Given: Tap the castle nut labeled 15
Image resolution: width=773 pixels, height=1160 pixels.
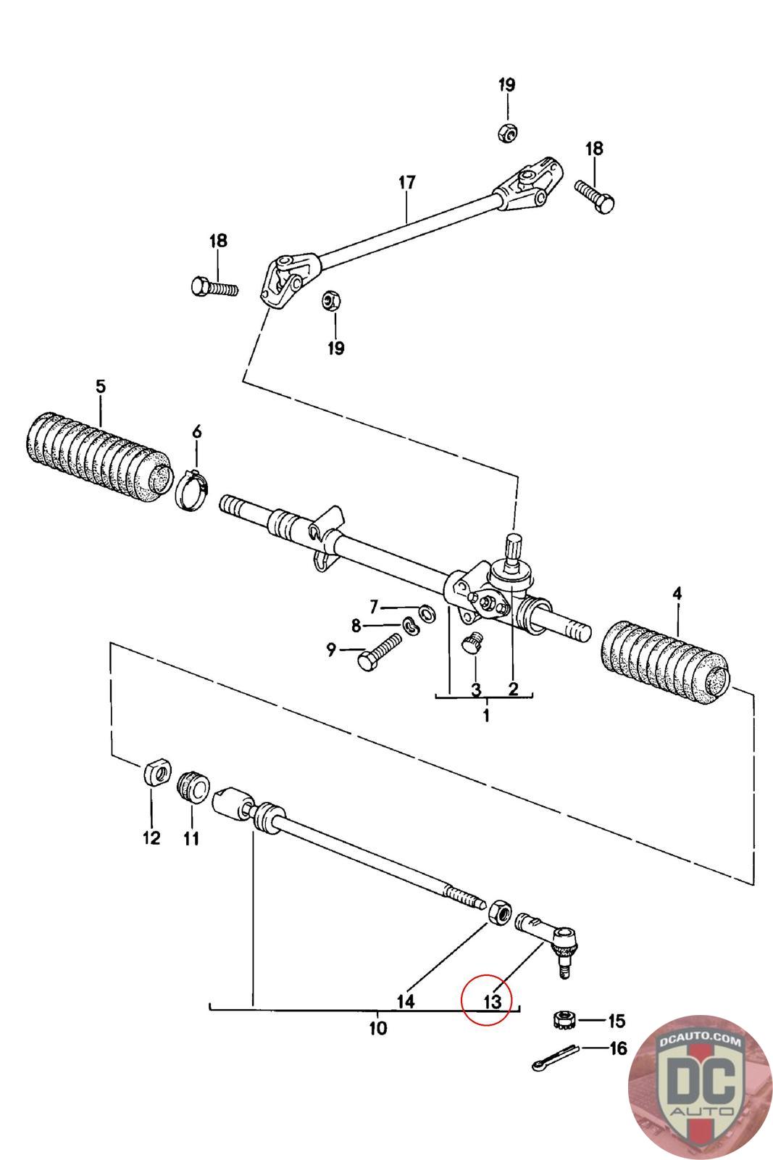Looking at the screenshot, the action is pos(564,1019).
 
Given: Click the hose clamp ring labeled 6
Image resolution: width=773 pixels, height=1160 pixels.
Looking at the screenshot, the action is pos(193,489).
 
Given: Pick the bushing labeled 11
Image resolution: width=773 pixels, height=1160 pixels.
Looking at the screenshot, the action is pos(193,787).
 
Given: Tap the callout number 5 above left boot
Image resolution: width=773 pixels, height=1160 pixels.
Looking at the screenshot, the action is pos(101,386).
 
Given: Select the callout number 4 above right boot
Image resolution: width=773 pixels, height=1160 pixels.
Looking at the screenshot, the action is pos(677,594).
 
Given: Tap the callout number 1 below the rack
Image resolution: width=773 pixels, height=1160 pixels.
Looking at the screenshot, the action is pos(486,716).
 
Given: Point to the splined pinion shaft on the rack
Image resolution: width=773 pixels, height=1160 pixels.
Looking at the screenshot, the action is pos(513,547).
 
